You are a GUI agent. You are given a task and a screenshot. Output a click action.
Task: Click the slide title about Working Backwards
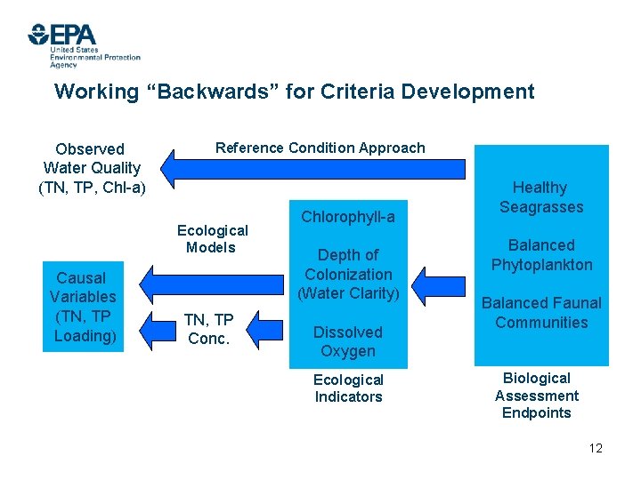pyautogui.click(x=294, y=92)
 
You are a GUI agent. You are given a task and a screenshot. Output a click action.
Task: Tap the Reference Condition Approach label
pyautogui.click(x=320, y=148)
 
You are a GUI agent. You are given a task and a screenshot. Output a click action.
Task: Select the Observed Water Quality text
pyautogui.click(x=92, y=168)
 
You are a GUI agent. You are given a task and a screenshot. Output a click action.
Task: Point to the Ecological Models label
pyautogui.click(x=212, y=238)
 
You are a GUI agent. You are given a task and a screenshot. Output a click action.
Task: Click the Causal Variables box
pyautogui.click(x=83, y=307)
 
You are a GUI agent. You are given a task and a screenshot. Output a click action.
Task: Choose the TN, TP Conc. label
pyautogui.click(x=209, y=329)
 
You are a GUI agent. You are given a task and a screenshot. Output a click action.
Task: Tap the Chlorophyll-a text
pyautogui.click(x=348, y=217)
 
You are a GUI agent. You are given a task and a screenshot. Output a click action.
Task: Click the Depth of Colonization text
pyautogui.click(x=348, y=274)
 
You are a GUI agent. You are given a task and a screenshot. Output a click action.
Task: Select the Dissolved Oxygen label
pyautogui.click(x=348, y=341)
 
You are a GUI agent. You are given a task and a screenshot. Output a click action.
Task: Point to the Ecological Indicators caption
pyautogui.click(x=348, y=388)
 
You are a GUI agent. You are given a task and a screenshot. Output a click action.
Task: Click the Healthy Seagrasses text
pyautogui.click(x=540, y=197)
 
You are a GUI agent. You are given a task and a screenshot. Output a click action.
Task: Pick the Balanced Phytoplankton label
pyautogui.click(x=541, y=255)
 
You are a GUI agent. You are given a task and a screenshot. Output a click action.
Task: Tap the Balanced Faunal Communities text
pyautogui.click(x=541, y=313)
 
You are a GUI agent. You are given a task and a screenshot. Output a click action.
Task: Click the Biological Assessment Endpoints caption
pyautogui.click(x=537, y=396)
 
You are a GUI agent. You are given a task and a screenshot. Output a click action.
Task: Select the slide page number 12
pyautogui.click(x=596, y=448)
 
